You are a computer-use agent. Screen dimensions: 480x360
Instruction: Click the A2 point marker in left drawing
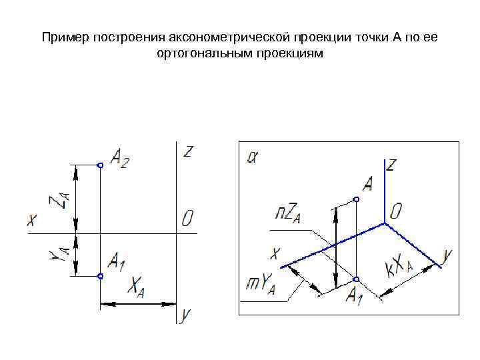coord(99,165)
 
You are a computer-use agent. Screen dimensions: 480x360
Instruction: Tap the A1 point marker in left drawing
coord(99,276)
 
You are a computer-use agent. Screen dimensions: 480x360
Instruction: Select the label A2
coord(120,159)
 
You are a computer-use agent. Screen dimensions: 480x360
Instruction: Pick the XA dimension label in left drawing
coord(136,287)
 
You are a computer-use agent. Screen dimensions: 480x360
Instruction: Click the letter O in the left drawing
coord(187,219)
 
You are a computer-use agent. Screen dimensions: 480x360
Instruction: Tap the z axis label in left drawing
coord(189,151)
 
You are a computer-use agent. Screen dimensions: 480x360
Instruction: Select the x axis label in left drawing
coord(31,219)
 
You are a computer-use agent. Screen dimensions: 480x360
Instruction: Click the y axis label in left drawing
coord(187,313)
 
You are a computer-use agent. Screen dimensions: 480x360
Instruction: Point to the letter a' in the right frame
coord(253,157)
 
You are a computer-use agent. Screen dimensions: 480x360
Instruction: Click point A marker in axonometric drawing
coord(356,199)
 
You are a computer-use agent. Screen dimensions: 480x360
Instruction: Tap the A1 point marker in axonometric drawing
coord(356,279)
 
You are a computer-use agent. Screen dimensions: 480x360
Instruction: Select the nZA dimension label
coord(289,214)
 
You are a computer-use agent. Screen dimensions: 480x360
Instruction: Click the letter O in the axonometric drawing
coord(396,212)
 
